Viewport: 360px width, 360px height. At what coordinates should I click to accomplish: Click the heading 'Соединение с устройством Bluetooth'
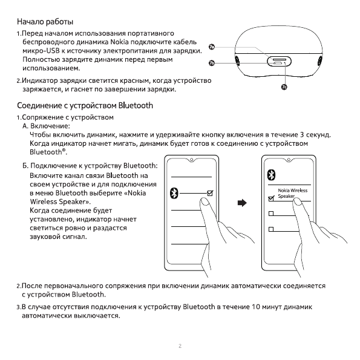[84, 105]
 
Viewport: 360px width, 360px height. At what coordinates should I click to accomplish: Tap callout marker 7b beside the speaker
[212, 62]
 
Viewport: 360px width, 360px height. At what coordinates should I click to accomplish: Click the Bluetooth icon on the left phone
[174, 193]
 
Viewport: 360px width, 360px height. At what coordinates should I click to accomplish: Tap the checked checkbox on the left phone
[210, 193]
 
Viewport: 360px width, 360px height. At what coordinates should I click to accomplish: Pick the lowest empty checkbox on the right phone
[270, 229]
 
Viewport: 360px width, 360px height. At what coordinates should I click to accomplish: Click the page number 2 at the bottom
[180, 347]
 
